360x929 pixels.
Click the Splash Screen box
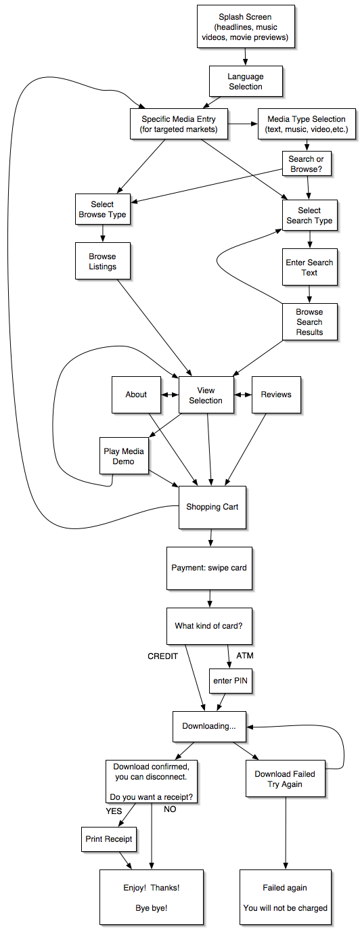246,27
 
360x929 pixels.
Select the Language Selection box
246,81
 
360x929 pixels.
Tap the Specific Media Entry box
179,124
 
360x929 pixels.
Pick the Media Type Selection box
307,124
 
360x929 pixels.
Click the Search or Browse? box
307,164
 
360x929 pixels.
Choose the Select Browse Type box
102,210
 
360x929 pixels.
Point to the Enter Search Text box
309,267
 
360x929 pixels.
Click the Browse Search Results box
309,322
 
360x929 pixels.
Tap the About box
136,394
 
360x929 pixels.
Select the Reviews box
276,394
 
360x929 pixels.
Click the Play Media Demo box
124,456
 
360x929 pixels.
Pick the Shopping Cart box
212,507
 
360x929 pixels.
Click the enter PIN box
231,681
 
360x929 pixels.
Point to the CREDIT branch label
162,656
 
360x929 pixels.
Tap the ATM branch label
245,655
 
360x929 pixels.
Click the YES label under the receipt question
114,811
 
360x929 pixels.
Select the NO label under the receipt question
170,809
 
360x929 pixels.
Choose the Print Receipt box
109,839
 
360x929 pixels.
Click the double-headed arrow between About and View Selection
170,394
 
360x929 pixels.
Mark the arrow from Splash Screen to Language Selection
245,57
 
